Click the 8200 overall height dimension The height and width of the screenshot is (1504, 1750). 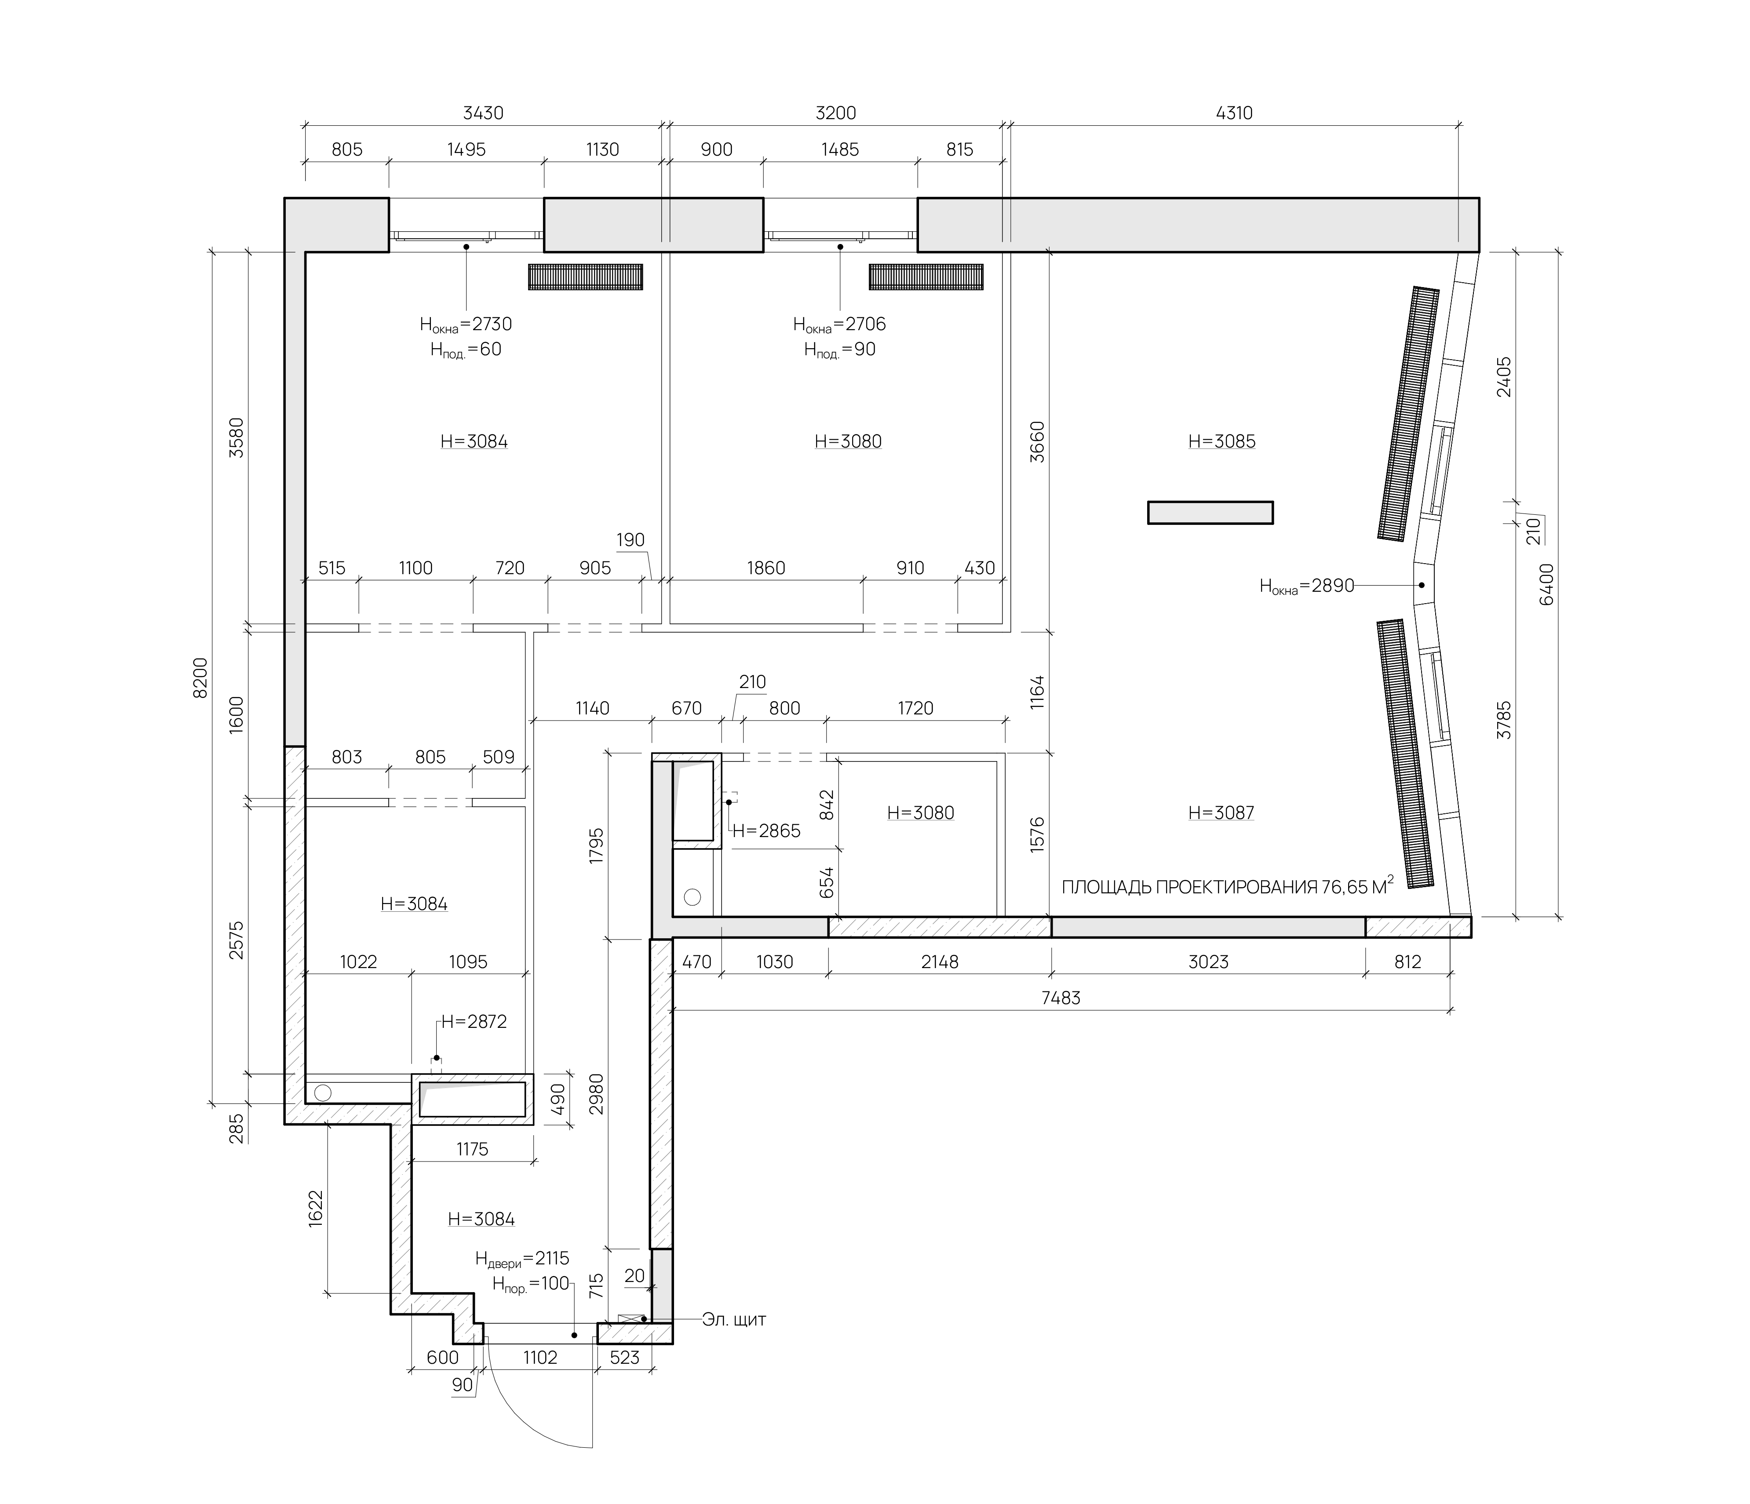tap(200, 677)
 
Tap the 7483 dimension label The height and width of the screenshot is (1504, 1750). tap(1061, 998)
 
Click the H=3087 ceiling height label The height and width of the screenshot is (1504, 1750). tap(1221, 812)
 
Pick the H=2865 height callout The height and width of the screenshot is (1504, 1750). tap(766, 831)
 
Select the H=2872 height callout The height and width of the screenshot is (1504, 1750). tap(474, 1022)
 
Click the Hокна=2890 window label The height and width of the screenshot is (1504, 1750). tap(1307, 586)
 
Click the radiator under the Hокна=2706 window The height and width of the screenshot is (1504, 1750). tap(926, 277)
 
